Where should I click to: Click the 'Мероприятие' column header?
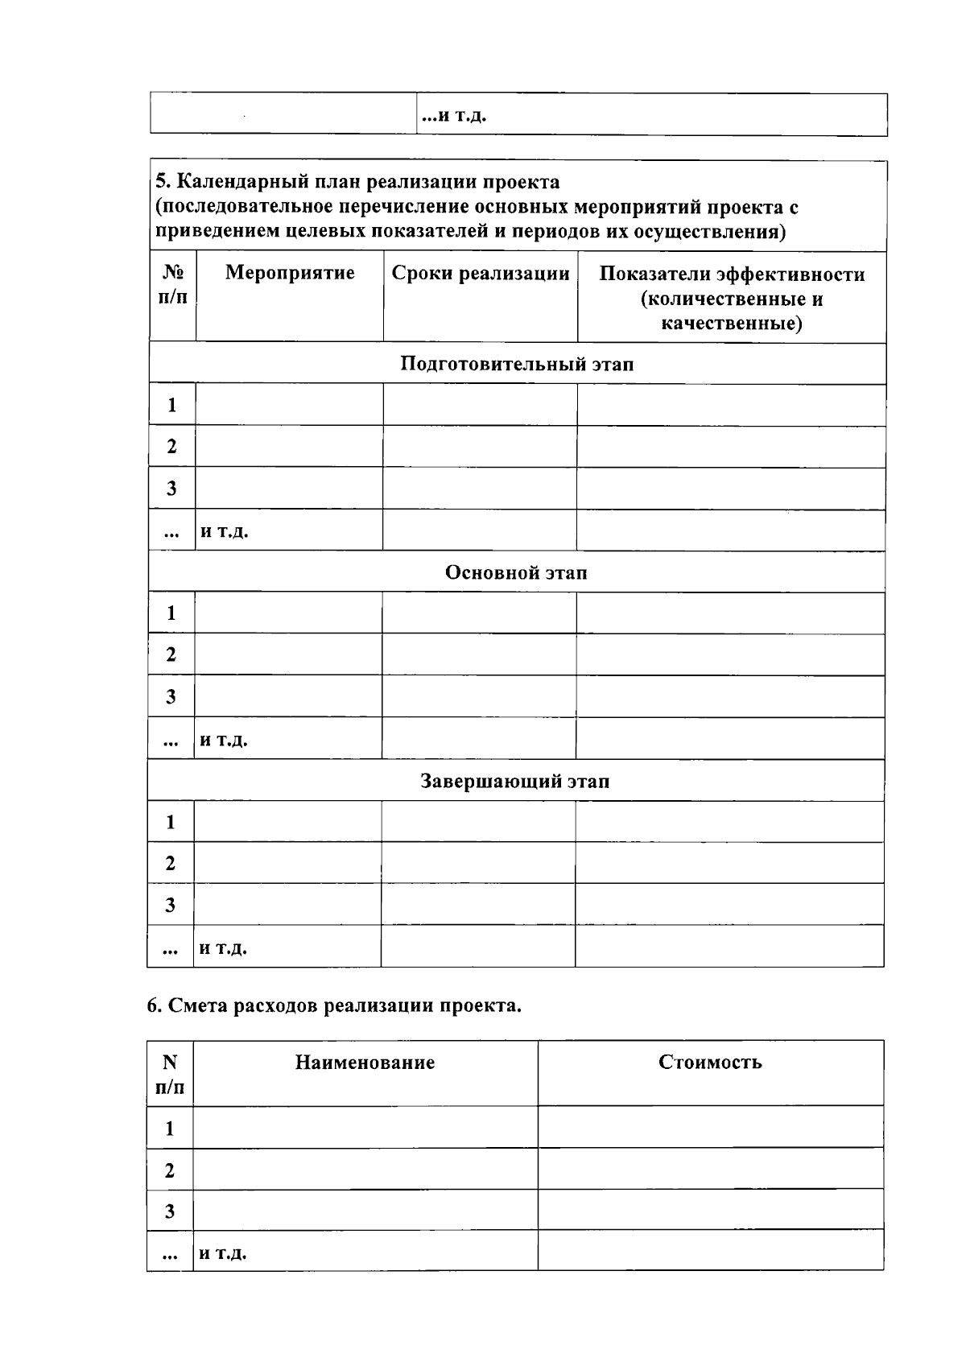pos(290,273)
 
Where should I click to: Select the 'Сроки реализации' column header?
pos(481,274)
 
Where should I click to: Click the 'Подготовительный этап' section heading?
pos(517,364)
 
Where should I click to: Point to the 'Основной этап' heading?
pos(516,572)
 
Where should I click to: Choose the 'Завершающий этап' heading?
pos(515,781)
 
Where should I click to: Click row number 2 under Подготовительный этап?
pos(171,447)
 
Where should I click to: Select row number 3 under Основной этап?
pos(171,696)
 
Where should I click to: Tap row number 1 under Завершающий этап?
pos(171,822)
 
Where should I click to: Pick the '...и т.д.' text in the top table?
pos(455,116)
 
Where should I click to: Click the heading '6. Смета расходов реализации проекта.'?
pos(334,1005)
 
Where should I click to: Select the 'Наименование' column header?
pos(365,1063)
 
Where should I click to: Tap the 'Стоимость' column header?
pos(710,1062)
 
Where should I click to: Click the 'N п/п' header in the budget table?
pos(170,1075)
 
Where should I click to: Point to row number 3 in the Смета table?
pos(170,1211)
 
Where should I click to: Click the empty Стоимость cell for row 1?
pos(710,1127)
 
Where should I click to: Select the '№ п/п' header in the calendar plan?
pos(172,285)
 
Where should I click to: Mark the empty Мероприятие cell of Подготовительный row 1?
pos(289,405)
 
